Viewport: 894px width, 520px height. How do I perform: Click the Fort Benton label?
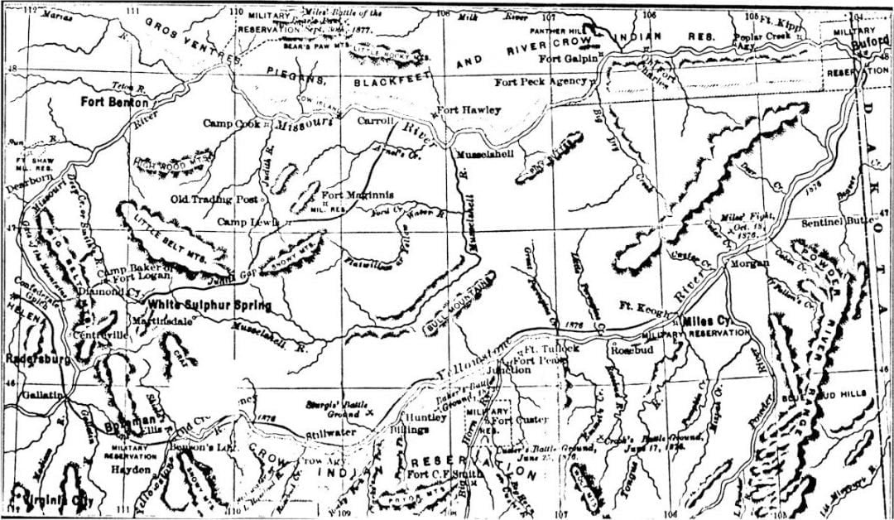point(115,103)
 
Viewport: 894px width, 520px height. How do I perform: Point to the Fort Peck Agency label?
point(541,82)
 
